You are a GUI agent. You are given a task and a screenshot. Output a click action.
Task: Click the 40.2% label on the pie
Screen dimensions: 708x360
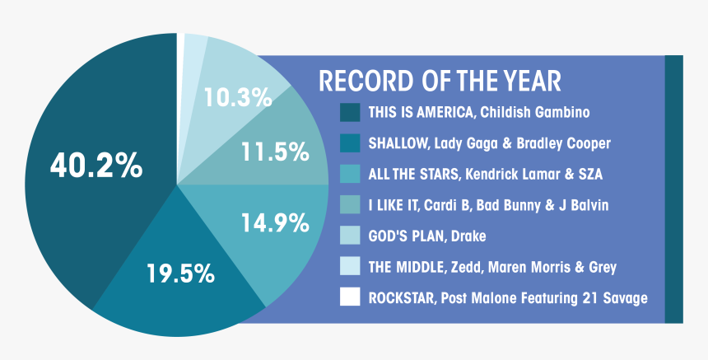pos(96,166)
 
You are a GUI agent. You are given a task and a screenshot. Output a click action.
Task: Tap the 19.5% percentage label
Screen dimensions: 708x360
pos(180,274)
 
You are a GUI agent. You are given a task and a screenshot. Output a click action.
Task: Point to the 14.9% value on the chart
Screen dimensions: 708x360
pos(275,222)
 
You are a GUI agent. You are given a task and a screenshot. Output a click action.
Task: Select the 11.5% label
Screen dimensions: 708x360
pos(275,152)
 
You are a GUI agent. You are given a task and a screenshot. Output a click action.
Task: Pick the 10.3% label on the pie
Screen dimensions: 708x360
pos(238,97)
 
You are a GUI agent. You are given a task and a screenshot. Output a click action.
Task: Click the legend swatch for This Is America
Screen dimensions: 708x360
pos(350,112)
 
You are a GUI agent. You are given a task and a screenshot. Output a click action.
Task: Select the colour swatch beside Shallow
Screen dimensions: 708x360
pos(350,143)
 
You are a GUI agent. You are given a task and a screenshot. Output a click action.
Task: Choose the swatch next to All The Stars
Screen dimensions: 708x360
pos(350,174)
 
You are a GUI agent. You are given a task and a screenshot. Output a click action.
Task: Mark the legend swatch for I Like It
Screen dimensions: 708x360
pos(350,204)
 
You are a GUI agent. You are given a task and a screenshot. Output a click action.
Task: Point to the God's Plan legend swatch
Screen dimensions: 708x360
pos(350,236)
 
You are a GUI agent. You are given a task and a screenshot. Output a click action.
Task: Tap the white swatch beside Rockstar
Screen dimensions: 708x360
pos(350,297)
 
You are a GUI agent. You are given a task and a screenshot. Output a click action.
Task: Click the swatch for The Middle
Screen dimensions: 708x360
pos(350,266)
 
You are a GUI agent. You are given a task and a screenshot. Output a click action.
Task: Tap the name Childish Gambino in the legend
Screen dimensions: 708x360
pos(534,112)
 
